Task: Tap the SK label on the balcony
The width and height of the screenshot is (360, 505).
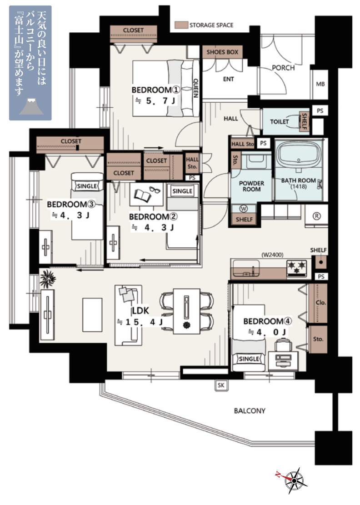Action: tap(221, 385)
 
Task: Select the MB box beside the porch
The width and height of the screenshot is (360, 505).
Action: tap(320, 84)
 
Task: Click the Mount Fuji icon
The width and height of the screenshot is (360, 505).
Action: tap(31, 106)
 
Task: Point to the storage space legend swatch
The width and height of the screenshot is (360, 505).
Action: tap(181, 25)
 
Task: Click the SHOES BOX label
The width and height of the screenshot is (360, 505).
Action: tap(223, 52)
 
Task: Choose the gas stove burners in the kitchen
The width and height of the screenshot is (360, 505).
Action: tap(297, 269)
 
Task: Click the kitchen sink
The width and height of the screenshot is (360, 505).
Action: tap(247, 269)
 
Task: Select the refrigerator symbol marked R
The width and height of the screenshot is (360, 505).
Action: tap(316, 216)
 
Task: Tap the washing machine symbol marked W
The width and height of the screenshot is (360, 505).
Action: tap(244, 209)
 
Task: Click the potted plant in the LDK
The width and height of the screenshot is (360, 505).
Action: tap(48, 279)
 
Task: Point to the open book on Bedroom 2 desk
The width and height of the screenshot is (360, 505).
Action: tap(143, 195)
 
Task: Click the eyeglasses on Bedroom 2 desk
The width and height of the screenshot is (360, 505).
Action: tap(155, 190)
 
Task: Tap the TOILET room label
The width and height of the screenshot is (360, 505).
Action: tap(279, 121)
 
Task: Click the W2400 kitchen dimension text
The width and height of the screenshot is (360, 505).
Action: tap(272, 255)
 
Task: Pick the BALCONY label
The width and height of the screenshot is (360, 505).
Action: tap(250, 410)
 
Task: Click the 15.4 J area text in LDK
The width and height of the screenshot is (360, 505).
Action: tap(140, 322)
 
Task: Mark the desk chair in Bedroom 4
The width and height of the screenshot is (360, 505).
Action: tap(283, 346)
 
